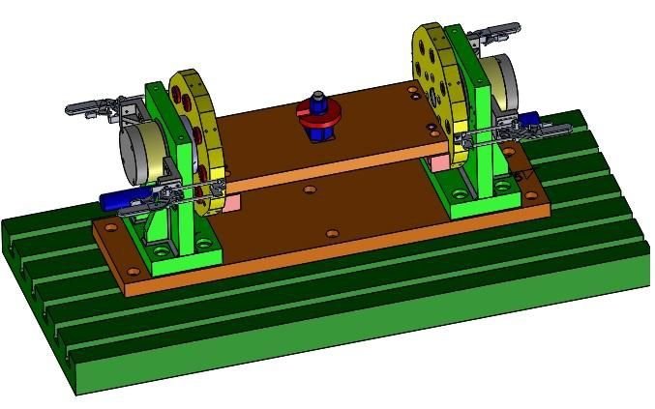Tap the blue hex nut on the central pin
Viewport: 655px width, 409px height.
tap(317, 99)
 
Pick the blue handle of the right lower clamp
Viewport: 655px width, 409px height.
tap(530, 124)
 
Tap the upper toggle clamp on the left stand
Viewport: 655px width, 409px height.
tap(102, 108)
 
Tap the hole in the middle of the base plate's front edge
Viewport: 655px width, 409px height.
tap(332, 234)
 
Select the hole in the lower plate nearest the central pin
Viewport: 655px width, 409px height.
tap(309, 190)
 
